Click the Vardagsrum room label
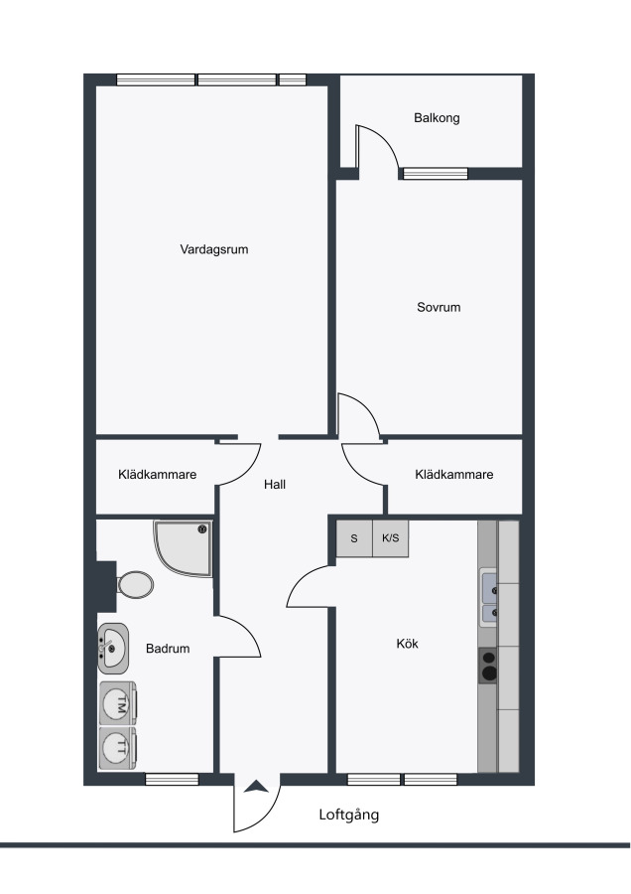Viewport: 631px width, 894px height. pyautogui.click(x=214, y=249)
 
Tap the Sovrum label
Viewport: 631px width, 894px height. pyautogui.click(x=439, y=307)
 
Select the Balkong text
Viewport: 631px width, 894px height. pyautogui.click(x=437, y=118)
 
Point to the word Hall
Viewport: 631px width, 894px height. pyautogui.click(x=275, y=484)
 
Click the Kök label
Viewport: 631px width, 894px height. pyautogui.click(x=407, y=643)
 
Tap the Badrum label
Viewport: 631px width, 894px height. pyautogui.click(x=168, y=649)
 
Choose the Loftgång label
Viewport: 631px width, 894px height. pyautogui.click(x=348, y=815)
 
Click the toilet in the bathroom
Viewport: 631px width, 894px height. pyautogui.click(x=134, y=584)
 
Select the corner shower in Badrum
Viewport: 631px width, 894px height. pyautogui.click(x=184, y=548)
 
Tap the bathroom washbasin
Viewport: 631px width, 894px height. pyautogui.click(x=113, y=649)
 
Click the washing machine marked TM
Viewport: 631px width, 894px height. pyautogui.click(x=118, y=703)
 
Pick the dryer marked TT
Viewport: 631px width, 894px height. pyautogui.click(x=118, y=747)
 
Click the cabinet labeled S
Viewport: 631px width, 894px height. pyautogui.click(x=354, y=538)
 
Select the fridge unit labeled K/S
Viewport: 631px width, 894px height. pyautogui.click(x=391, y=538)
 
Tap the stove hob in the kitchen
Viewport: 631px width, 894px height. pyautogui.click(x=488, y=666)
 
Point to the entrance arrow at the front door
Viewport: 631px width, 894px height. pyautogui.click(x=256, y=788)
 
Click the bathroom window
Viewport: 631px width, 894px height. pyautogui.click(x=172, y=779)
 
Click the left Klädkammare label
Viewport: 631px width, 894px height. pyautogui.click(x=157, y=475)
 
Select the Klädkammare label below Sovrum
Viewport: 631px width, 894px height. pyautogui.click(x=453, y=475)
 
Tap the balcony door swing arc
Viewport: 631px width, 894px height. pyautogui.click(x=386, y=139)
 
